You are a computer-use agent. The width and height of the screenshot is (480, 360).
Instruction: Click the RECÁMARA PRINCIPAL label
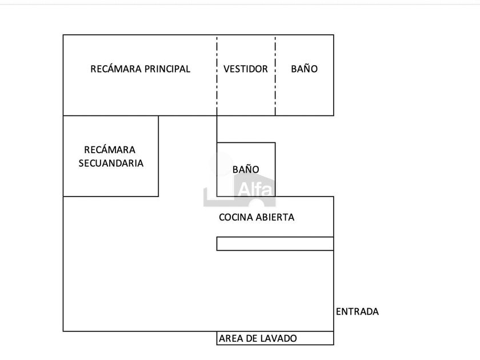pos(140,69)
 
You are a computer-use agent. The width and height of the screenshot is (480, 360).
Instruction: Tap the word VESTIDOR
pos(246,69)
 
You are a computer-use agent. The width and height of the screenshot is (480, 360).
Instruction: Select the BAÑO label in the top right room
pos(304,69)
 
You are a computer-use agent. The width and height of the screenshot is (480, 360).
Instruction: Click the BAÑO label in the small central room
pos(246,170)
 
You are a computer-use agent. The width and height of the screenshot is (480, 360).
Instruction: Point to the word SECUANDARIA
pos(110,163)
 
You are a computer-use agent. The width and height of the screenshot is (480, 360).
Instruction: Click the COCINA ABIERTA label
pos(257,217)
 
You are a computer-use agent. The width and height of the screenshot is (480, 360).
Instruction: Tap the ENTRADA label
pos(357,311)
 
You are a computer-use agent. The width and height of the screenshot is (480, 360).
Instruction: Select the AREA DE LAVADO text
pos(258,338)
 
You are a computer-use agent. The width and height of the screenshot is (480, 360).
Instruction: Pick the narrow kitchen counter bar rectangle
pos(275,243)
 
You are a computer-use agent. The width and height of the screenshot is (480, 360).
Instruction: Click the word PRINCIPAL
pos(167,69)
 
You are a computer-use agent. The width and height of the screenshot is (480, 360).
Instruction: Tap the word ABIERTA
pos(275,217)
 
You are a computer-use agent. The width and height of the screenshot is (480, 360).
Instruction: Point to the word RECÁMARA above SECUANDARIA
pos(110,150)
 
